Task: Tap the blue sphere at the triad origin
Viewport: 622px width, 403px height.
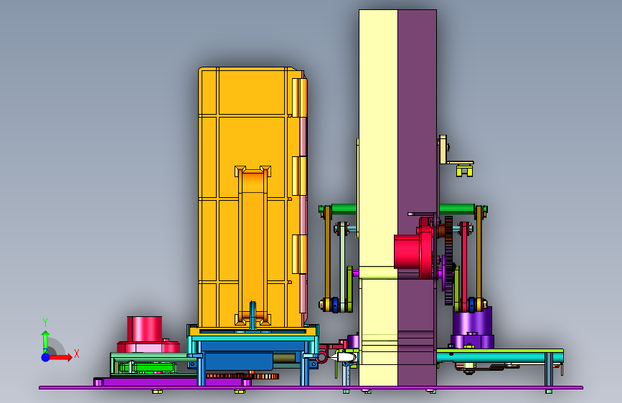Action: (46, 357)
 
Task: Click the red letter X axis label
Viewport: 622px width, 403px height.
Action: (77, 354)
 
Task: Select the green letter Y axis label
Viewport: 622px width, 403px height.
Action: (45, 323)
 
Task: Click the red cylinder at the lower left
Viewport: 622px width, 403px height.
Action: (144, 329)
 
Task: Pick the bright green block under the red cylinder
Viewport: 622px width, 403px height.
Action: (148, 368)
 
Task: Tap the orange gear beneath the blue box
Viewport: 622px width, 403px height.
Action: (242, 376)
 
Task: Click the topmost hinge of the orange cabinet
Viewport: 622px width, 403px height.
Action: (299, 98)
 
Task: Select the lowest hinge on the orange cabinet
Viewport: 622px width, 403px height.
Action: (299, 254)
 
